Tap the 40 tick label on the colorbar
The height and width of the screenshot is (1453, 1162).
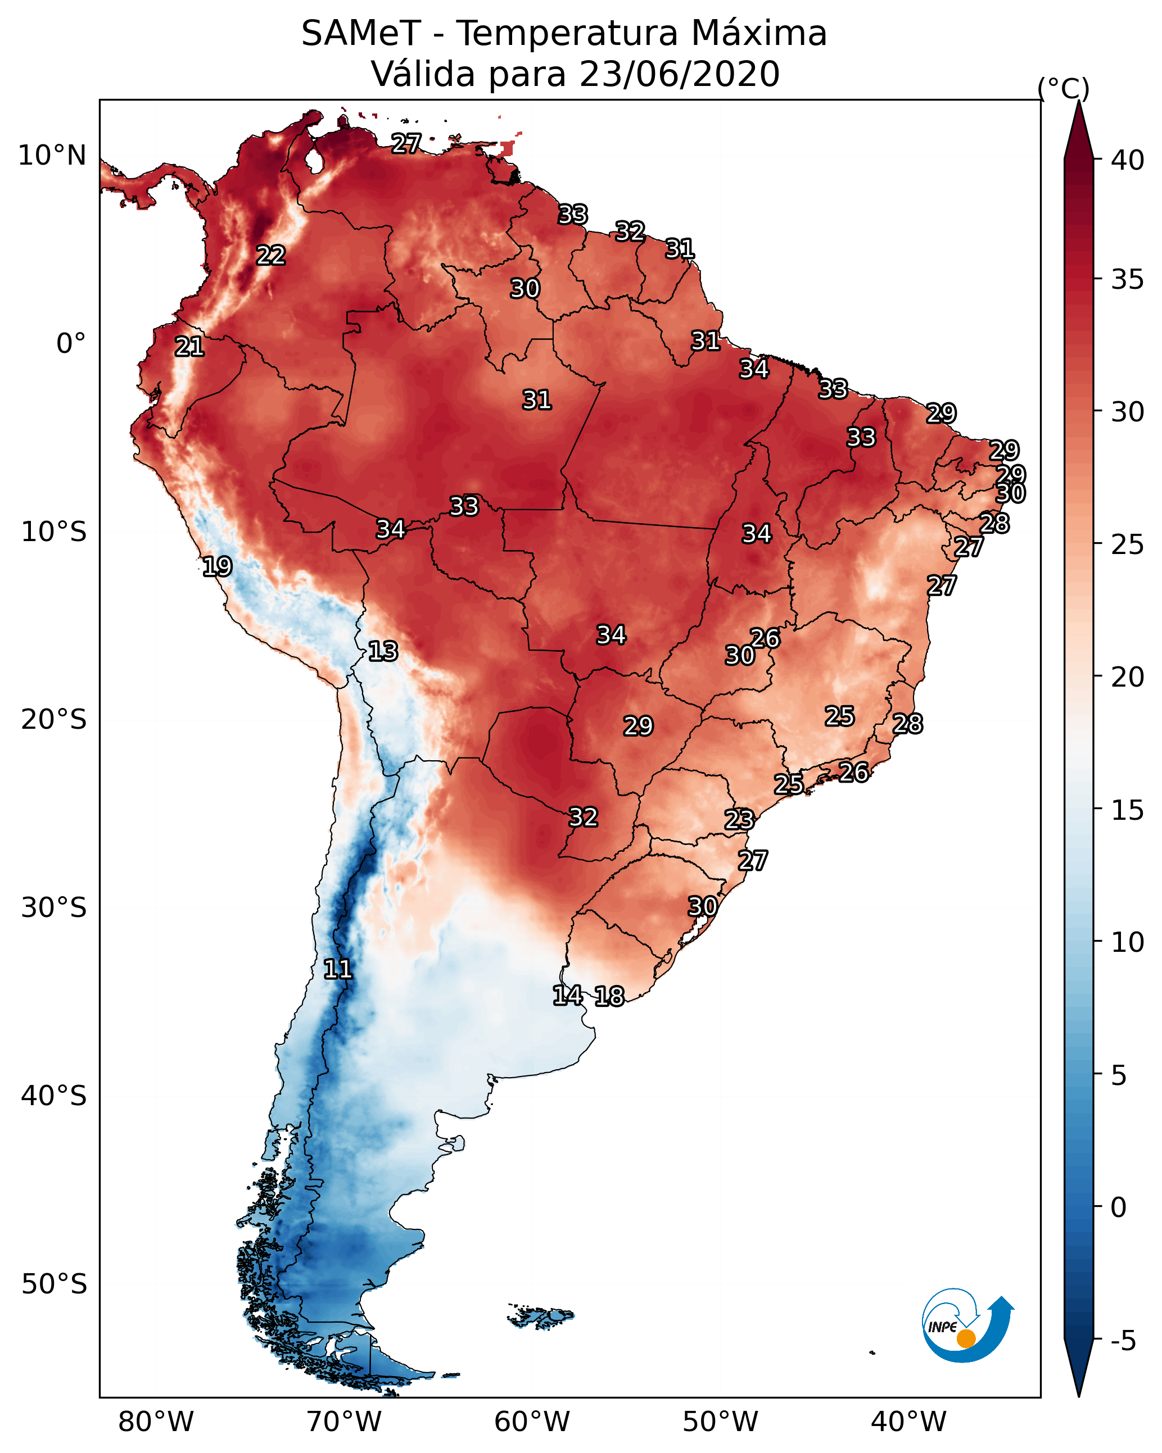click(x=1128, y=160)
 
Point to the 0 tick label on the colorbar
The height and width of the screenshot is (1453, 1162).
click(x=1118, y=1207)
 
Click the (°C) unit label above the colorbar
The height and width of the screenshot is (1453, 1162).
click(x=1063, y=88)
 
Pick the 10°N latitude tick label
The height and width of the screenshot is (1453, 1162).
click(x=52, y=156)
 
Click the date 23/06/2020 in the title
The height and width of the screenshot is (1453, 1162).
click(x=679, y=74)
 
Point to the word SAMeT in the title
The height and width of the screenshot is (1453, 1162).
click(x=361, y=34)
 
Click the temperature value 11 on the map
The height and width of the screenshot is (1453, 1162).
click(x=338, y=969)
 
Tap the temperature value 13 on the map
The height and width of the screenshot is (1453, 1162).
click(x=383, y=651)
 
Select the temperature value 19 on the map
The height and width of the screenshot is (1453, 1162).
click(x=217, y=566)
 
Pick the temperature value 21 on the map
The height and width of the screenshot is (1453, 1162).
click(x=189, y=347)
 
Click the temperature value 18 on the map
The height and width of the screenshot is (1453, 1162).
click(x=609, y=996)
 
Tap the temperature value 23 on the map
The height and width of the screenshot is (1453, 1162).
click(x=739, y=820)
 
